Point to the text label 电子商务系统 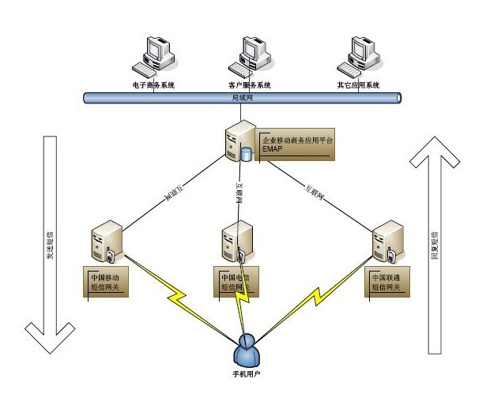point(153,84)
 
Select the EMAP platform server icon point(239,141)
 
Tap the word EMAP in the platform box point(273,148)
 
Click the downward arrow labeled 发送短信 point(50,245)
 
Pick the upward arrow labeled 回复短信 point(434,245)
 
